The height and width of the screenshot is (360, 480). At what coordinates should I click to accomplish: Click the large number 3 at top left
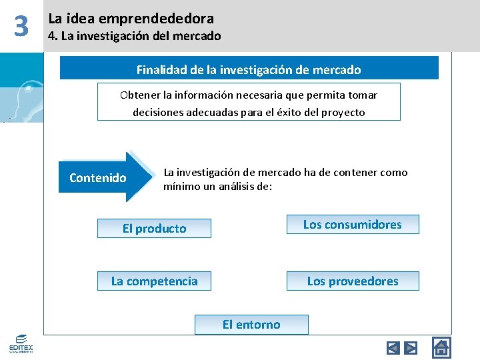click(x=21, y=26)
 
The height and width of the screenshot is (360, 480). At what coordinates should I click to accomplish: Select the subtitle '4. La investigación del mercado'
click(x=134, y=36)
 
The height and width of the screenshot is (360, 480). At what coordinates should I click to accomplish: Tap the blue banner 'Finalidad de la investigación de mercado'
click(x=249, y=69)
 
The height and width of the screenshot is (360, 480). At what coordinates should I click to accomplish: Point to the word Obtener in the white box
click(x=140, y=95)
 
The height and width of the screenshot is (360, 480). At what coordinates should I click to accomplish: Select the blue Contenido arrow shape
click(x=103, y=177)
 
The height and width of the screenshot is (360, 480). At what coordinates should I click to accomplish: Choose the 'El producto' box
click(x=154, y=229)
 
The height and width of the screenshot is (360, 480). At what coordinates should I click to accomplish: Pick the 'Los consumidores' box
click(x=353, y=225)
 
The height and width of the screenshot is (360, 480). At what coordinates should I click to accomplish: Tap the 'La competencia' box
click(x=154, y=281)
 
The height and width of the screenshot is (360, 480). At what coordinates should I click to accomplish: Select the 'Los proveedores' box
click(x=353, y=281)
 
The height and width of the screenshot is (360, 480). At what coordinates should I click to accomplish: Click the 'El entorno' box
click(x=251, y=325)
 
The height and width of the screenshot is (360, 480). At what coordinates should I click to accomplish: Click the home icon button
click(x=441, y=347)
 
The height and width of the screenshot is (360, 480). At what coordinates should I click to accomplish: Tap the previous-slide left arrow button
click(x=393, y=347)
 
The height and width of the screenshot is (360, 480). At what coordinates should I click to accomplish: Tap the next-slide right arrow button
click(x=411, y=347)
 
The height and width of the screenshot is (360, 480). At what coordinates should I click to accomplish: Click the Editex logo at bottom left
click(x=21, y=343)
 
